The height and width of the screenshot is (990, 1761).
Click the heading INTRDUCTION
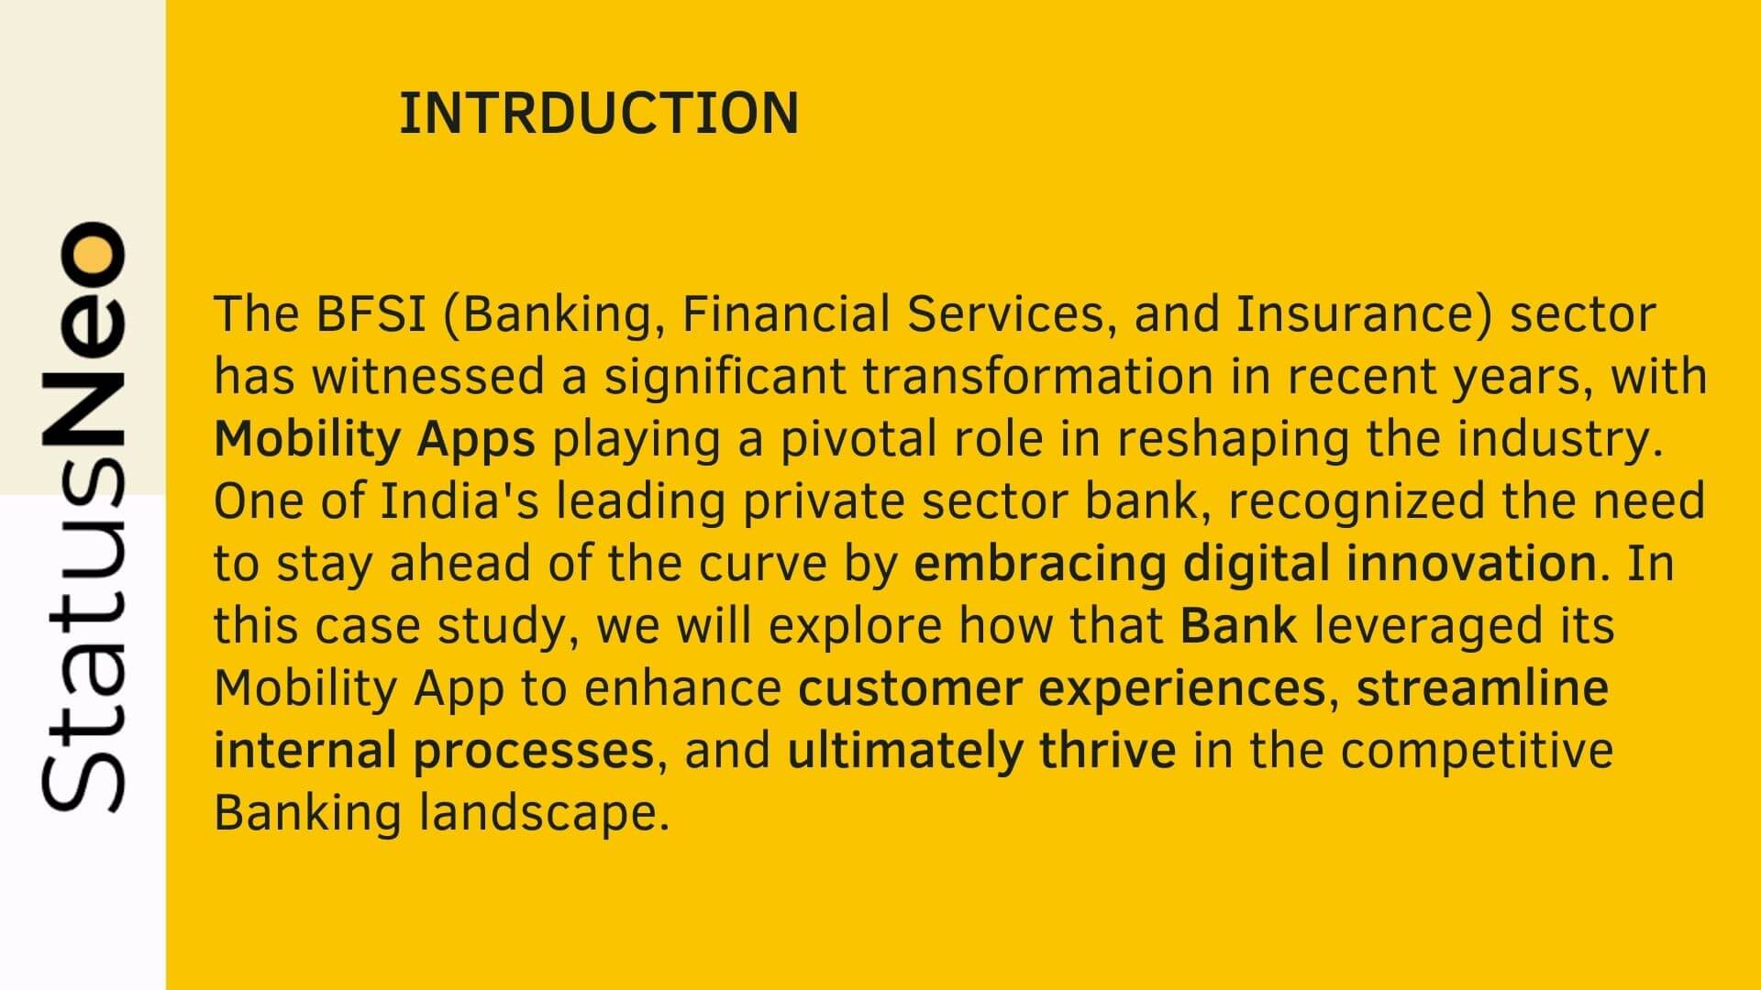[599, 114]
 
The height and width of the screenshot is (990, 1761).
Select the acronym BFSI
[371, 314]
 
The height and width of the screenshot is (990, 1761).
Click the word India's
[460, 501]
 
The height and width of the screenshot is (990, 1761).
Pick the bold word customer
[910, 688]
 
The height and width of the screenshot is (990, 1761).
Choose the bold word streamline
[1482, 688]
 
